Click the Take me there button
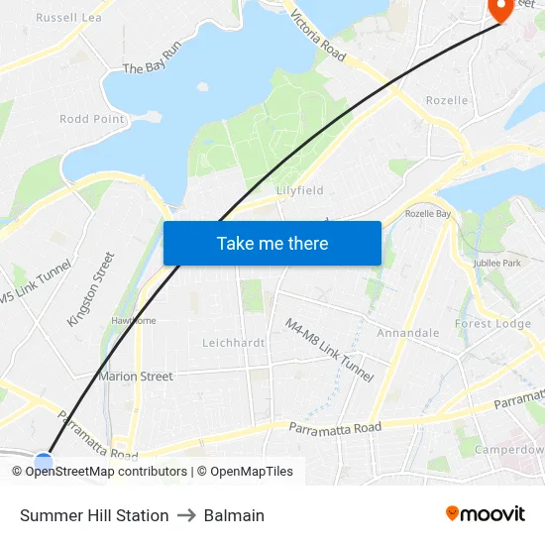tap(272, 243)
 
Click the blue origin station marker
tap(44, 461)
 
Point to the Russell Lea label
tap(68, 17)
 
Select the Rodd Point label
tap(92, 119)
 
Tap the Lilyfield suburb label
tap(300, 190)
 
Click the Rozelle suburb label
tap(446, 101)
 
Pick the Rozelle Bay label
tap(428, 214)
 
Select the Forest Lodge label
tap(492, 324)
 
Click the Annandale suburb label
tap(407, 333)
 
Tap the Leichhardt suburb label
tap(233, 343)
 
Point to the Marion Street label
tap(136, 377)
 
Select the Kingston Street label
tap(91, 289)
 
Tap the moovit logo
tap(485, 513)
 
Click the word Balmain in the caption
tap(234, 515)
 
